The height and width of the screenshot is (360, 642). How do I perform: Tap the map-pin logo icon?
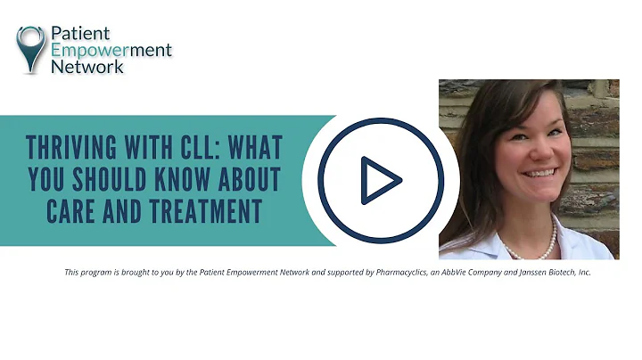(x=30, y=47)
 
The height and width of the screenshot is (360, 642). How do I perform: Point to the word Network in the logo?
(x=87, y=67)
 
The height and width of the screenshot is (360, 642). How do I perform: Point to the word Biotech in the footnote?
(x=554, y=272)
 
